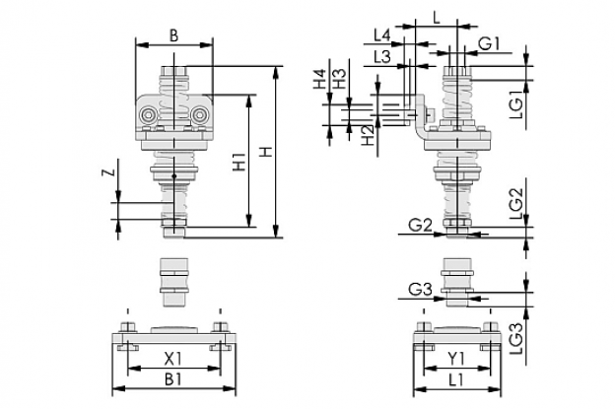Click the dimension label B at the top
click(173, 35)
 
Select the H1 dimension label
click(239, 162)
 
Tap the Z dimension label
click(109, 171)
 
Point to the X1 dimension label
click(172, 358)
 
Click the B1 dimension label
click(173, 379)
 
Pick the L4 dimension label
click(381, 35)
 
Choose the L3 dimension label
click(381, 57)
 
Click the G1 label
click(489, 43)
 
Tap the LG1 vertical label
click(517, 103)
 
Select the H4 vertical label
click(319, 79)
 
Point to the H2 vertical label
click(368, 136)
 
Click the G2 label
click(420, 225)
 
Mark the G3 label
click(420, 290)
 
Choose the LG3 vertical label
click(517, 339)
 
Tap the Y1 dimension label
click(456, 358)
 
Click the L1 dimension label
click(456, 379)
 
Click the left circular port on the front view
click(149, 115)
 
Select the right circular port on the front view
click(199, 115)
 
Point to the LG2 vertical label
click(517, 204)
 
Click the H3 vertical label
click(340, 79)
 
